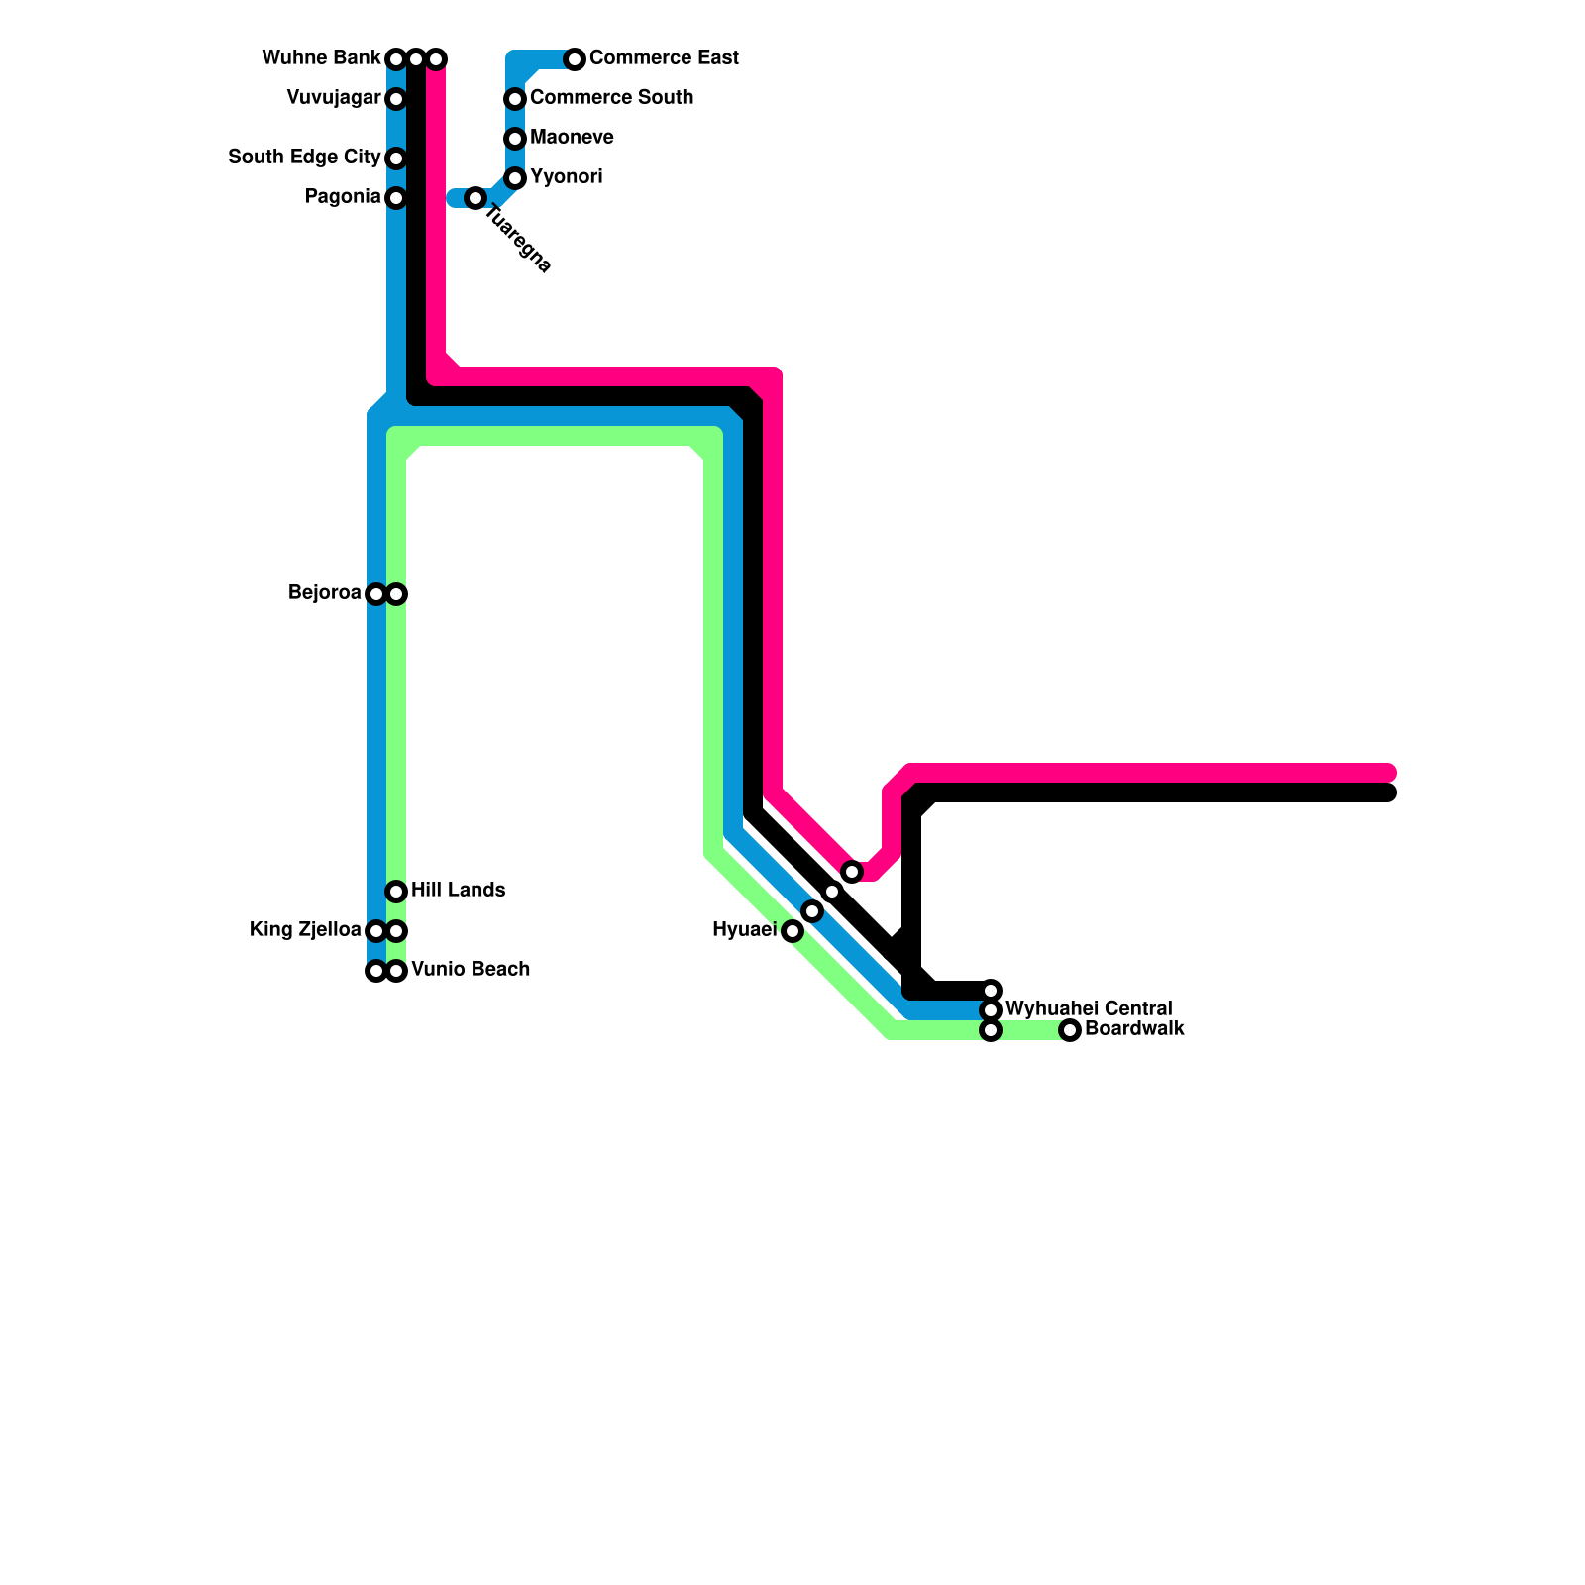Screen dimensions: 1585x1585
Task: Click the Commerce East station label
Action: tap(664, 58)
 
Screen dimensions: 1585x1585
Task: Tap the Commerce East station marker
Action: tap(575, 59)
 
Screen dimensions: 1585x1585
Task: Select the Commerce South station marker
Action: tap(515, 99)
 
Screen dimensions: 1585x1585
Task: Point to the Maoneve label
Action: tap(572, 138)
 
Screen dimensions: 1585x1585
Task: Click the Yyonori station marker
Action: tap(515, 178)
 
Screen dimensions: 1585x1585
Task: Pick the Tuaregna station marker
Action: tap(475, 198)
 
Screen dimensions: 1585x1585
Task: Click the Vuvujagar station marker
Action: tap(396, 99)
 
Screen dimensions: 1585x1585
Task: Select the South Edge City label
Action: tap(304, 158)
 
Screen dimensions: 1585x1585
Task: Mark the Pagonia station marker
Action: tap(396, 198)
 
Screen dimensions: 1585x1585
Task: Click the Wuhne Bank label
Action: tap(321, 58)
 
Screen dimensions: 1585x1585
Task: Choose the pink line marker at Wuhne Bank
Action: tap(436, 59)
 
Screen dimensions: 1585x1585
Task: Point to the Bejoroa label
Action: tap(324, 593)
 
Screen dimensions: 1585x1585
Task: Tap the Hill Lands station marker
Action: tap(396, 892)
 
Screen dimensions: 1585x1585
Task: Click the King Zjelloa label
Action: tap(305, 930)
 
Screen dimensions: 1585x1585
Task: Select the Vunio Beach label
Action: tap(471, 970)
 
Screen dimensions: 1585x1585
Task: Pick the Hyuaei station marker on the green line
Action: tap(792, 931)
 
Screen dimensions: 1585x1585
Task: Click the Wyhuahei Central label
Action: tap(1089, 1009)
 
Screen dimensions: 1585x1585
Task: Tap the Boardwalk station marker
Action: tap(1070, 1030)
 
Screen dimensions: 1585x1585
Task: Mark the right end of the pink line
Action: tap(1389, 773)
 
